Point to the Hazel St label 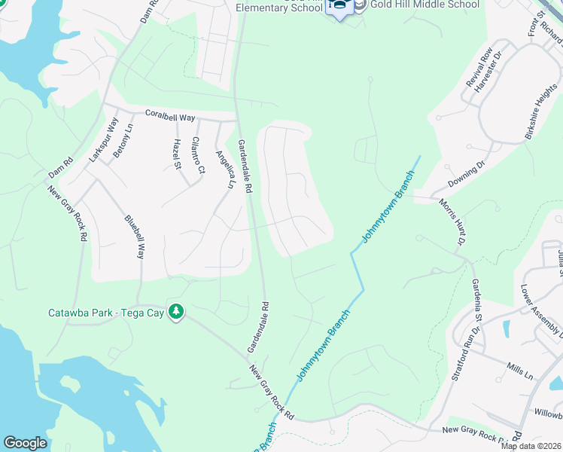178,154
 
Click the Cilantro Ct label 198,156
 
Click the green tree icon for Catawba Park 176,311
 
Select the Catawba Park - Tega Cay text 106,311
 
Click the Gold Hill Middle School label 425,5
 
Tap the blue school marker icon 339,7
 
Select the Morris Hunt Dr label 452,223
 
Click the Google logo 25,443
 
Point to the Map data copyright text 531,446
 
